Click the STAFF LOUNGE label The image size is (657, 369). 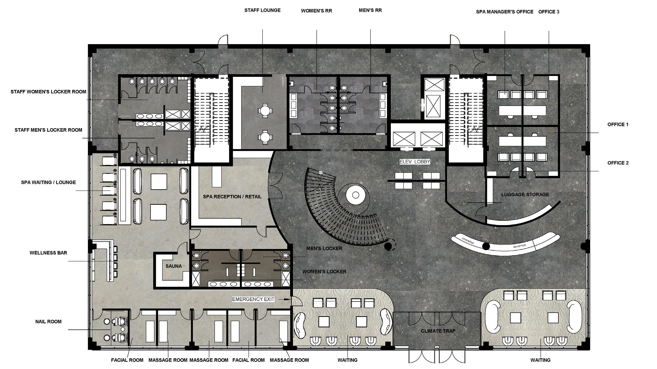pyautogui.click(x=262, y=10)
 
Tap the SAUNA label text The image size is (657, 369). pyautogui.click(x=174, y=266)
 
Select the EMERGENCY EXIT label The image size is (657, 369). pyautogui.click(x=253, y=299)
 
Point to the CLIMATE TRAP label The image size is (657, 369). pyautogui.click(x=438, y=331)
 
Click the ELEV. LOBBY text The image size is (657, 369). pyautogui.click(x=415, y=162)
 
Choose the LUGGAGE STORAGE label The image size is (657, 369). pyautogui.click(x=525, y=195)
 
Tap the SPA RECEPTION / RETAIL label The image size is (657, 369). pyautogui.click(x=232, y=197)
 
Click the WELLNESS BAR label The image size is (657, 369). pyautogui.click(x=48, y=253)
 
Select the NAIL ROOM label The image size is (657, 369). pyautogui.click(x=48, y=321)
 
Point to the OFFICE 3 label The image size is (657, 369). pyautogui.click(x=549, y=12)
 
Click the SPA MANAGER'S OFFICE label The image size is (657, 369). pyautogui.click(x=505, y=12)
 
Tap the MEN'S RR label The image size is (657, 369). pyautogui.click(x=370, y=10)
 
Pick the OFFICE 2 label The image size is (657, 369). pyautogui.click(x=618, y=163)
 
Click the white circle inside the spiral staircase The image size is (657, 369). pyautogui.click(x=355, y=195)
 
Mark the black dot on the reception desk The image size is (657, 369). pyautogui.click(x=486, y=246)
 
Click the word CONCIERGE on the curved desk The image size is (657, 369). pyautogui.click(x=468, y=241)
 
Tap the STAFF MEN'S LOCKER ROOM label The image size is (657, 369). pyautogui.click(x=48, y=130)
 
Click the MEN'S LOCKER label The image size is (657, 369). pyautogui.click(x=324, y=248)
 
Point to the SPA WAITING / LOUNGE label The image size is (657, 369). pyautogui.click(x=48, y=182)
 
